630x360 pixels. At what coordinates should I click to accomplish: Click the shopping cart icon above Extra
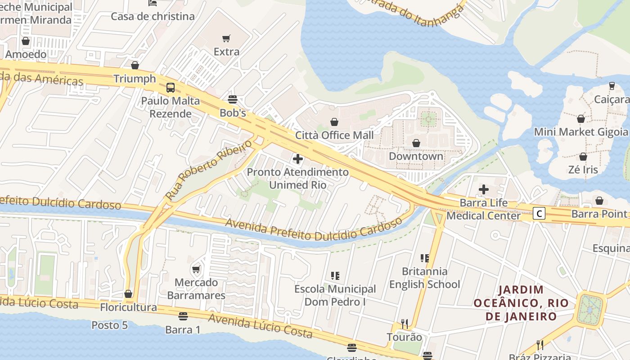coord(226,39)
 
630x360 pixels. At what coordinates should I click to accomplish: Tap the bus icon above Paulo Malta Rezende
coord(171,88)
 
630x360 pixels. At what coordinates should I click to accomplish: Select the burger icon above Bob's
coord(233,99)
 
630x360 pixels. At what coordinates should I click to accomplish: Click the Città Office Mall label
coord(334,135)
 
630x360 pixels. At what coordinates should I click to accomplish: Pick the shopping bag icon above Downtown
coord(416,143)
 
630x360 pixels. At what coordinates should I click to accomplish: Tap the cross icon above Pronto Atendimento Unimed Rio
coord(297,159)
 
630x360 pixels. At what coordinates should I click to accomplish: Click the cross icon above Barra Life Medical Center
coord(484,189)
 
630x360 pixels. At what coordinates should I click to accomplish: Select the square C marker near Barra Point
coord(539,213)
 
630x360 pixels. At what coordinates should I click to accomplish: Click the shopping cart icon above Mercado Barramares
coord(196,270)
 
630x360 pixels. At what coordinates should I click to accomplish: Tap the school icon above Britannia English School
coord(424,258)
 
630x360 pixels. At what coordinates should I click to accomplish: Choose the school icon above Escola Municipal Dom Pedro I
coord(335,275)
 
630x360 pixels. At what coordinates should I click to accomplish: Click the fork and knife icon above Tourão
coord(405,324)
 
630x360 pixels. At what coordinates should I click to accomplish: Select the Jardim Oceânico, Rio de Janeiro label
coord(521,303)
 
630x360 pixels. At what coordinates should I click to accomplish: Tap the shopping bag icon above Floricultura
coord(128,294)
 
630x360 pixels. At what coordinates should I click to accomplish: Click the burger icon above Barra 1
coord(183,316)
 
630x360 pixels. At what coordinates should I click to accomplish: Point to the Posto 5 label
coord(110,325)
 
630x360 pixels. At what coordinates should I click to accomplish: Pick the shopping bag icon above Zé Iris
coord(583,157)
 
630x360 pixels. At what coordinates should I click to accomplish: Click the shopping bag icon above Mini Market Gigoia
coord(581,119)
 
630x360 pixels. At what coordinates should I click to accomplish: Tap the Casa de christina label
coord(153,17)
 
